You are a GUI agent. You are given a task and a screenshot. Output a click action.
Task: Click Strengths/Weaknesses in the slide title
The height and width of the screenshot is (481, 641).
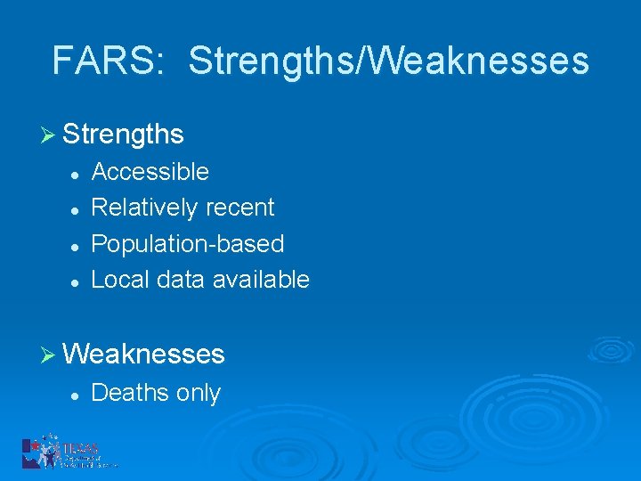[x=388, y=61]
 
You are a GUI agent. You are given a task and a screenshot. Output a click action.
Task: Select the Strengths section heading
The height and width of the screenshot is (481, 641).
[x=123, y=135]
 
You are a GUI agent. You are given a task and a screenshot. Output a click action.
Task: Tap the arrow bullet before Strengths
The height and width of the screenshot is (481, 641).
[x=50, y=135]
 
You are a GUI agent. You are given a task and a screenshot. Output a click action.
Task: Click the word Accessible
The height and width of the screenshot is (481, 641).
[x=150, y=171]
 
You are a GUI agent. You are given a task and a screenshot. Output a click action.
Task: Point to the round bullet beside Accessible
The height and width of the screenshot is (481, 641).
[x=77, y=173]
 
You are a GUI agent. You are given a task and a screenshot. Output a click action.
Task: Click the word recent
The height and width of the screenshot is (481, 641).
[x=240, y=208]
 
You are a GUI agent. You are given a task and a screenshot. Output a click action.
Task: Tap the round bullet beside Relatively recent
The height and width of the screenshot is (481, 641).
[x=77, y=209]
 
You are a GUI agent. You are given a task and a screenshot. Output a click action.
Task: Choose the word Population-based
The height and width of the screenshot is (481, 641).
[x=188, y=244]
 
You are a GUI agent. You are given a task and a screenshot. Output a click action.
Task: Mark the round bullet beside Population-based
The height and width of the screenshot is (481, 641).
[x=77, y=245]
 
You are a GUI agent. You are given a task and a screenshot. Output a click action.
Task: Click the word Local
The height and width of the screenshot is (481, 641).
[x=120, y=280]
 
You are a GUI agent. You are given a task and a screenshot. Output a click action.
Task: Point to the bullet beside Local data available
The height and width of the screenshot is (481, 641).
[x=77, y=281]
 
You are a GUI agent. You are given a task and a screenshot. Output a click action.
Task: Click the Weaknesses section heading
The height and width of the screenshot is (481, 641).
[x=143, y=355]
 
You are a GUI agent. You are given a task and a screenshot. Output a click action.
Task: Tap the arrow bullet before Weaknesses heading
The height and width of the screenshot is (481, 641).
[x=50, y=355]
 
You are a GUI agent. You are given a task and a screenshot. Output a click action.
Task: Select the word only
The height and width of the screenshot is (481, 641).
[x=198, y=394]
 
